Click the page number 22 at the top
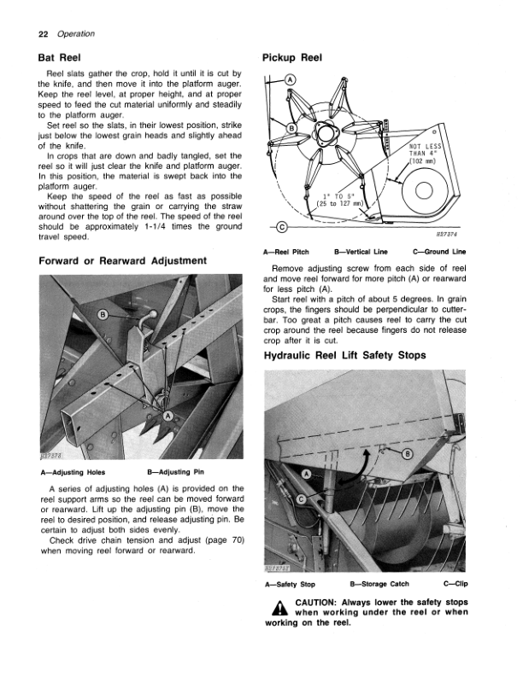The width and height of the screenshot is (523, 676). point(43,34)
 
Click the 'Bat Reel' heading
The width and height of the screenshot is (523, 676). point(59,58)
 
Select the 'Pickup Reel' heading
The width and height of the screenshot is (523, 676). point(292,58)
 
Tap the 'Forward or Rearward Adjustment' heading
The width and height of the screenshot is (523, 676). point(122,261)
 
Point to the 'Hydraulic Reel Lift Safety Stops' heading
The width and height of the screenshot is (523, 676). point(344,355)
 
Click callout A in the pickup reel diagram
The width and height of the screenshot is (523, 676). point(290,79)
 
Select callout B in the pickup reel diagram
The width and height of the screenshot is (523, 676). point(291,128)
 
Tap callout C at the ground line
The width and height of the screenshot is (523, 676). point(281,227)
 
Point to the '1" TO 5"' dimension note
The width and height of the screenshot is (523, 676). point(340,199)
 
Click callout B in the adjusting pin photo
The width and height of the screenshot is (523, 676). point(103,314)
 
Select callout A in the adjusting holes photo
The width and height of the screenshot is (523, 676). point(167,416)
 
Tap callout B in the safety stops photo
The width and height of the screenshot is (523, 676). point(408,453)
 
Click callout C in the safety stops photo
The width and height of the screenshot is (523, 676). point(302,499)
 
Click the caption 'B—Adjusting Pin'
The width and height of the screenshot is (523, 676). point(176,472)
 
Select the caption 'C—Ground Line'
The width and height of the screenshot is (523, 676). point(439,252)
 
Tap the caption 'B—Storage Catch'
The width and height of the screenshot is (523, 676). point(379,584)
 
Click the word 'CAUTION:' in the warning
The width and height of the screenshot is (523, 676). point(315,603)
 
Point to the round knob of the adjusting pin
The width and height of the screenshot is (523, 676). point(152,313)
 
